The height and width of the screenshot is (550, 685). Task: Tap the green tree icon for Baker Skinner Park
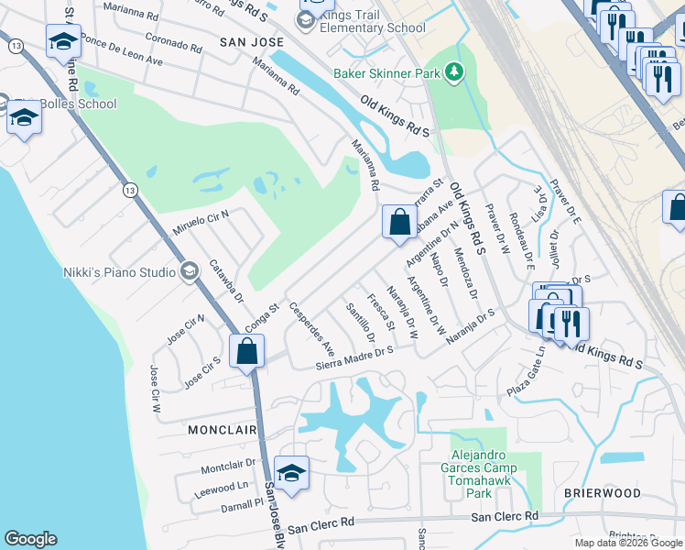(452, 71)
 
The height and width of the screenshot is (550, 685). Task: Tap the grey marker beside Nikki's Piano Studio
(190, 270)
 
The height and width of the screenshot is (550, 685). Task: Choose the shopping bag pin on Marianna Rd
(399, 222)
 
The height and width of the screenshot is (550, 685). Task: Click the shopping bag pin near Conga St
(247, 350)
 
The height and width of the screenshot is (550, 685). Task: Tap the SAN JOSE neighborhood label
(246, 43)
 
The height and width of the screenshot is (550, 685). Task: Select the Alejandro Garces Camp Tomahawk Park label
(484, 474)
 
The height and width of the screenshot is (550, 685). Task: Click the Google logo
(30, 539)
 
